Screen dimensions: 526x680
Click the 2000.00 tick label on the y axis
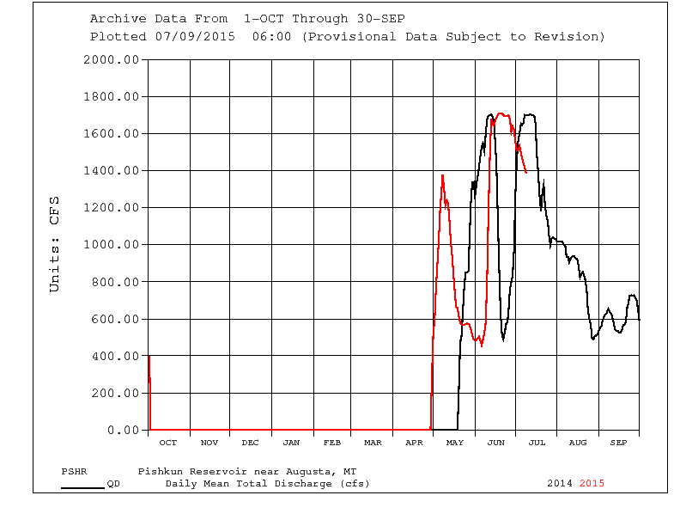pos(111,59)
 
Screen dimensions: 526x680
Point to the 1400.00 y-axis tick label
pos(111,170)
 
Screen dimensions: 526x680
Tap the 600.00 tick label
pos(114,319)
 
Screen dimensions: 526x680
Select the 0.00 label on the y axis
pos(121,430)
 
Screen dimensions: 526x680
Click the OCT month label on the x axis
pos(168,443)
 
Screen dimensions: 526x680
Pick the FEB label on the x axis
pos(332,443)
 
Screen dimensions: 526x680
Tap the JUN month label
pos(495,443)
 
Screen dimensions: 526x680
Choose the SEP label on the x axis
pos(618,443)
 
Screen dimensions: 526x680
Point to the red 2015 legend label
pos(592,483)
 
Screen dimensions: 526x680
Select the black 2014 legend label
pos(560,483)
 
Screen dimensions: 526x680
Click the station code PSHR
pos(74,472)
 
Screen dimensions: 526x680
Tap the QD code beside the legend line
pos(113,483)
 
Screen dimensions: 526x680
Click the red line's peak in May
pos(442,176)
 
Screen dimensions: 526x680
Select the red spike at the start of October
pos(149,357)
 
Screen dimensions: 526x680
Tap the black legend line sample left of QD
pos(82,487)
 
